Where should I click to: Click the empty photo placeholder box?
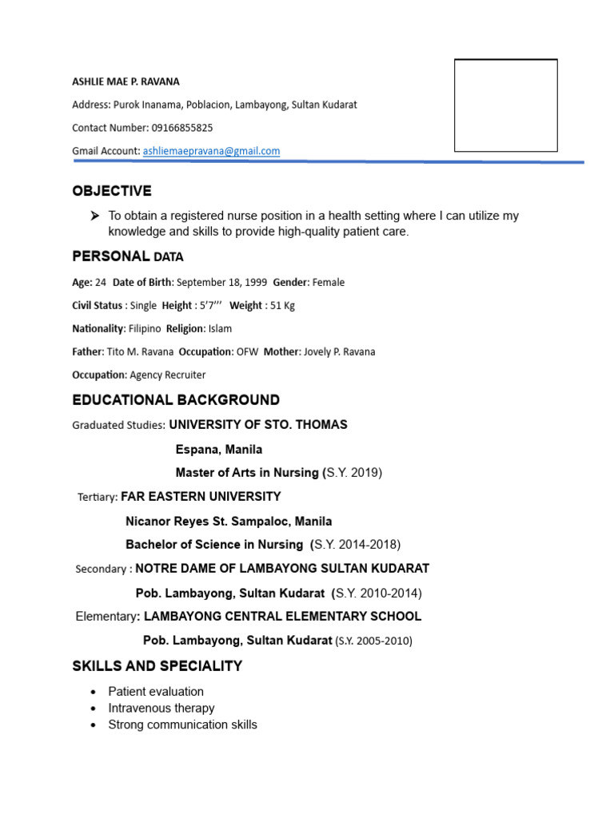pyautogui.click(x=505, y=105)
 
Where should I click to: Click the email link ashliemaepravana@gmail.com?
pyautogui.click(x=211, y=151)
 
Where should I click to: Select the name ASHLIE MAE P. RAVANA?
pyautogui.click(x=126, y=81)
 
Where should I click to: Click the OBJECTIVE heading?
pyautogui.click(x=111, y=191)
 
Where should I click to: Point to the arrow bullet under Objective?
pyautogui.click(x=94, y=216)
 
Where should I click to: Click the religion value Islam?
pyautogui.click(x=220, y=328)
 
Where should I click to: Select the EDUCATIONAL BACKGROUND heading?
pyautogui.click(x=176, y=400)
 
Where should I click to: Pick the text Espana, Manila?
pyautogui.click(x=218, y=450)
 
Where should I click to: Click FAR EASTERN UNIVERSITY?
pyautogui.click(x=201, y=497)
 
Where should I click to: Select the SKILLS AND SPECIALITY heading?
pyautogui.click(x=157, y=666)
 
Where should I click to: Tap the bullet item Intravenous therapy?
pyautogui.click(x=161, y=708)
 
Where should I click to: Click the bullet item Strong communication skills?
pyautogui.click(x=182, y=725)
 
